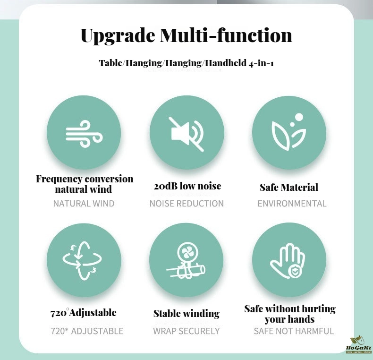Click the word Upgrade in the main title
118,36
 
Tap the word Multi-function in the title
226,35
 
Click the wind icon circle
84,133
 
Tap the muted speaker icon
187,134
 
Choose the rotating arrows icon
82,260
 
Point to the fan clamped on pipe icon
186,261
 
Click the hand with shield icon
288,261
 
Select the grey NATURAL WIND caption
84,204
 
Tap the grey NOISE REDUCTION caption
187,204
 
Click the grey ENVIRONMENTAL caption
292,204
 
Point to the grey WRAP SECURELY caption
186,331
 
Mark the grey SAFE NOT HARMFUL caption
294,331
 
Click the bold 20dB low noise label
187,186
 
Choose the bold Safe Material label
289,187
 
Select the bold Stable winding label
186,314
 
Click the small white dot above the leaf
299,117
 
